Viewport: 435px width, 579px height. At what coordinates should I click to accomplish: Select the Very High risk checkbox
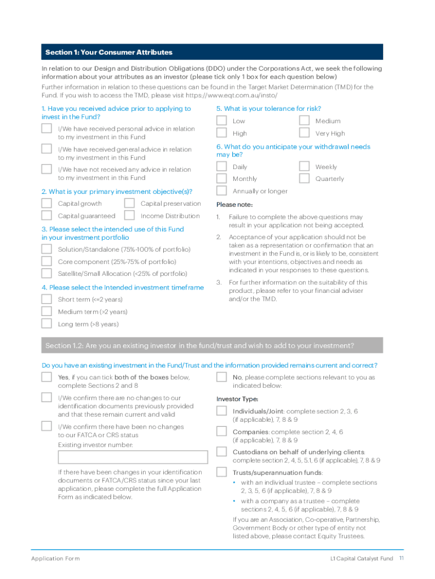coord(304,133)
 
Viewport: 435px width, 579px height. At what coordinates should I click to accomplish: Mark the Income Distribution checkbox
coord(129,215)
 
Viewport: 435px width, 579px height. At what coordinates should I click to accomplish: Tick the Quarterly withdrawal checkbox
coord(304,179)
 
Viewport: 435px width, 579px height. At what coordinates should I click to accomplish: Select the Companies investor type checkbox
coord(222,431)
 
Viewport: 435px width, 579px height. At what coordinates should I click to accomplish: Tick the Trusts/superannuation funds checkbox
coord(222,472)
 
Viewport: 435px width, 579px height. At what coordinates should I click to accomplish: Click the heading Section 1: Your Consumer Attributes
coord(109,53)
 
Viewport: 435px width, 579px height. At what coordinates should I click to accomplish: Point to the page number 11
coord(401,559)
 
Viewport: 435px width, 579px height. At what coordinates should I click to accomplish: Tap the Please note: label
coord(234,205)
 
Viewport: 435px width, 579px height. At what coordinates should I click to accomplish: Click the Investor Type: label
coord(238,399)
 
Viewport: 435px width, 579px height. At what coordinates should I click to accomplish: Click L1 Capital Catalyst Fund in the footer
coord(362,559)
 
